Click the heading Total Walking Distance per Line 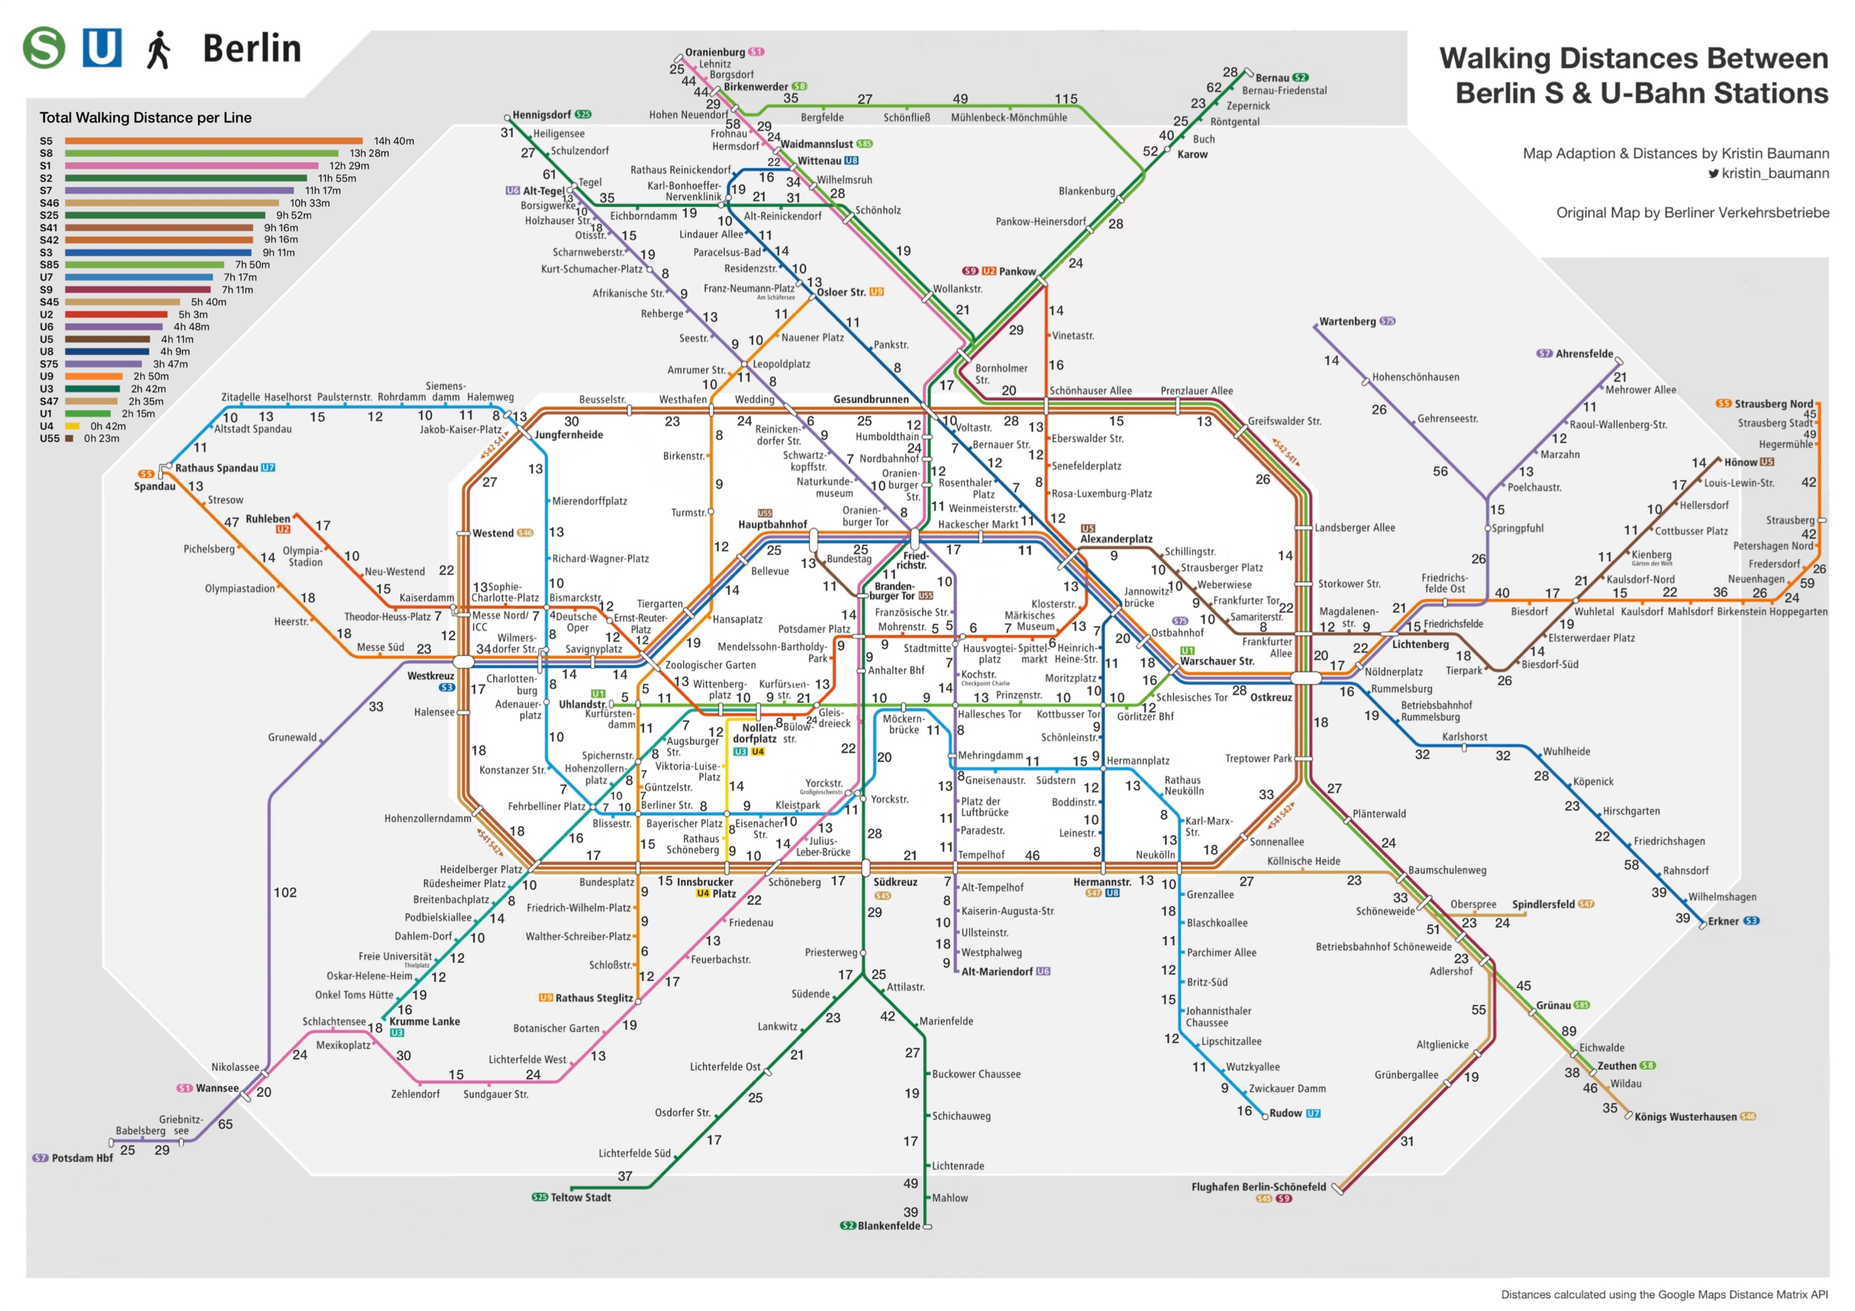pyautogui.click(x=146, y=118)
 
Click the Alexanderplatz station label pyautogui.click(x=1116, y=539)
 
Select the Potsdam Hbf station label pyautogui.click(x=82, y=1158)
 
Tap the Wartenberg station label pyautogui.click(x=1347, y=322)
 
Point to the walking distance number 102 pyautogui.click(x=285, y=892)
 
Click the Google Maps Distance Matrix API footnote pyautogui.click(x=1664, y=1295)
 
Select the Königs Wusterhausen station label pyautogui.click(x=1685, y=1117)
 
